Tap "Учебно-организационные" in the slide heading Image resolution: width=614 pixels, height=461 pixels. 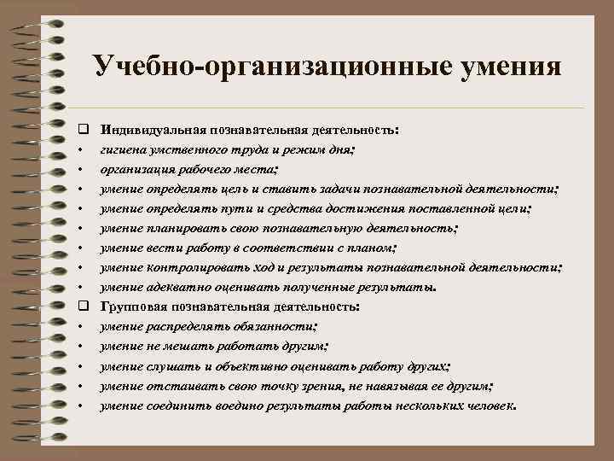tap(258, 67)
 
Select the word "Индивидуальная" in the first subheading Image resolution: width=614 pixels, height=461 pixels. tap(148, 131)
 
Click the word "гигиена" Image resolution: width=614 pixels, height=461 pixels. tap(122, 149)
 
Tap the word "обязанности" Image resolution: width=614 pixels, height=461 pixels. tap(270, 326)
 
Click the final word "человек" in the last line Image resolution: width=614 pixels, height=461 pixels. tap(489, 405)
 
